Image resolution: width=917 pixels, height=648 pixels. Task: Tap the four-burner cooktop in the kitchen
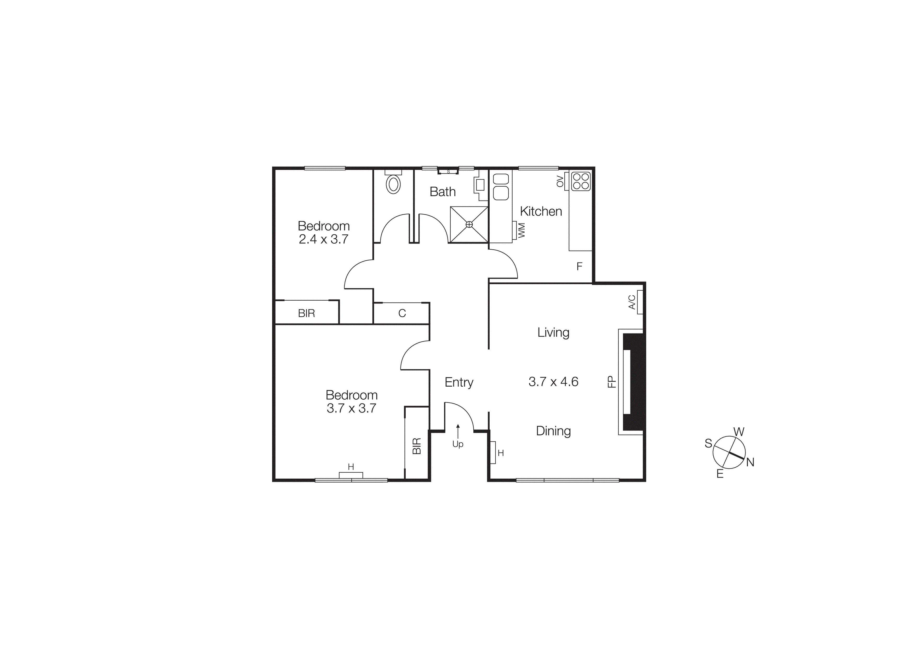581,181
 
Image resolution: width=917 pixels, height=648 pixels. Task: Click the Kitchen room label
541,211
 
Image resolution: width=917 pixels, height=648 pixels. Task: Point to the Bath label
443,192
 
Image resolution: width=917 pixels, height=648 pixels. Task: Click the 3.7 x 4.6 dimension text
553,382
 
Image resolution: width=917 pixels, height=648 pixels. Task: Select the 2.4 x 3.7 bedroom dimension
324,239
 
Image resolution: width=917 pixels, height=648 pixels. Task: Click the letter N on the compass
750,462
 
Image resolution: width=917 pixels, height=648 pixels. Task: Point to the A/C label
632,302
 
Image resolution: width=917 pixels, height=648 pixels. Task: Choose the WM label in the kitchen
521,230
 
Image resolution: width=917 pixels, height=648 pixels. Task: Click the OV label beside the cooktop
560,181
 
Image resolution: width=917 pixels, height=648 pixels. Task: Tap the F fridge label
579,266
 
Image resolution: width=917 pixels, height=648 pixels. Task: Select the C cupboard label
402,313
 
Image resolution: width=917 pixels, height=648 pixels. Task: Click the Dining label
553,431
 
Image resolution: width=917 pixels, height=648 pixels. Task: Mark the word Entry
459,382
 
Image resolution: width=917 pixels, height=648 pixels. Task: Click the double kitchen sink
501,186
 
